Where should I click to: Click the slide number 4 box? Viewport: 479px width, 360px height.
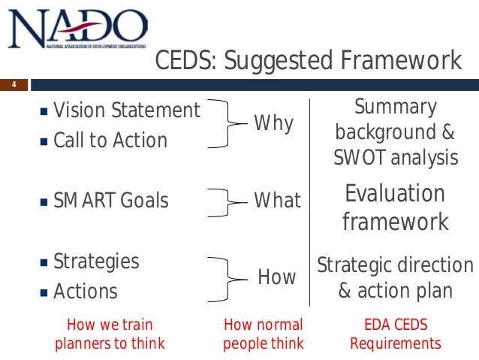(13, 84)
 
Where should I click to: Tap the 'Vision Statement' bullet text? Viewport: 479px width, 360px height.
(127, 111)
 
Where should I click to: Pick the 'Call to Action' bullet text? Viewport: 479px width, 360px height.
(110, 141)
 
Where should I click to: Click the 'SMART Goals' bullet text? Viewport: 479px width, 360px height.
(111, 201)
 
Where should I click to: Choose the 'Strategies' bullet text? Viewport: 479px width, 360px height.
(96, 262)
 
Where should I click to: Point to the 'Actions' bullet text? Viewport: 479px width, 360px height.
(86, 291)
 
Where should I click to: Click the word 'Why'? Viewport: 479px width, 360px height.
(274, 123)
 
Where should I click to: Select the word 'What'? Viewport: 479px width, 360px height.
(277, 201)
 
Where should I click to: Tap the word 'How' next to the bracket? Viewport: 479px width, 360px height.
(277, 277)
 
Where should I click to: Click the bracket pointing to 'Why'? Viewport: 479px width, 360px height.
(224, 124)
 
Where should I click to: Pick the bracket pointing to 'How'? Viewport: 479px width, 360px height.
(224, 277)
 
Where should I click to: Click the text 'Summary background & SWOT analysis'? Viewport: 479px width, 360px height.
(396, 132)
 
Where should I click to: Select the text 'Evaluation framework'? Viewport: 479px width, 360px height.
(395, 207)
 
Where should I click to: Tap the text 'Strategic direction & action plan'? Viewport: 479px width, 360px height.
(395, 278)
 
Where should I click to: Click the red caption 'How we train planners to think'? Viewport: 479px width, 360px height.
(110, 334)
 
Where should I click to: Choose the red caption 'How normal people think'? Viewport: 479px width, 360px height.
(264, 334)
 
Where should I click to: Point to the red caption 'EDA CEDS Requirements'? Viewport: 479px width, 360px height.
(396, 334)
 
